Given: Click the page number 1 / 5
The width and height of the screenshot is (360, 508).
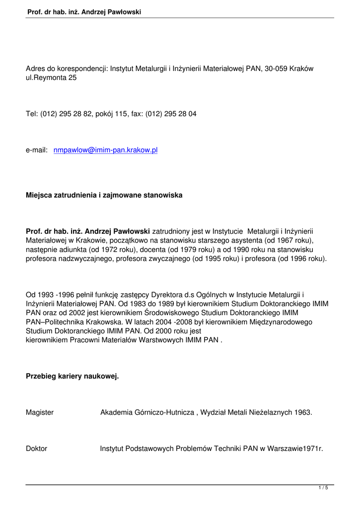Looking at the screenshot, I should click(323, 489).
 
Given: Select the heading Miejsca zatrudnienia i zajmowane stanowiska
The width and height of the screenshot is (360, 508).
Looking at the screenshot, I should click(104, 195).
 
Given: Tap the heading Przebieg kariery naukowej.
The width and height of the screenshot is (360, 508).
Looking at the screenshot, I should click(72, 377).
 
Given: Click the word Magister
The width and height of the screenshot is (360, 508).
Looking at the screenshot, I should click(40, 412).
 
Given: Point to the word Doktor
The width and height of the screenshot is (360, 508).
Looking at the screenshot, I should click(36, 448).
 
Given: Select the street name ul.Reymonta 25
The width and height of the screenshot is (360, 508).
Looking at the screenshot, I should click(51, 78).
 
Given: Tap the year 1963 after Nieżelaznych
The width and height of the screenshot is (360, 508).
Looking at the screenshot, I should click(304, 412).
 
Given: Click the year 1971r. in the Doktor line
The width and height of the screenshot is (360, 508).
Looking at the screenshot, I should click(312, 448).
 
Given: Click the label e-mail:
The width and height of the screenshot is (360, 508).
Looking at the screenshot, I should click(36, 150).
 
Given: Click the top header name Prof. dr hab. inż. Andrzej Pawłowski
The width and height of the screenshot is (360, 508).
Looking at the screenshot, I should click(85, 11).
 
